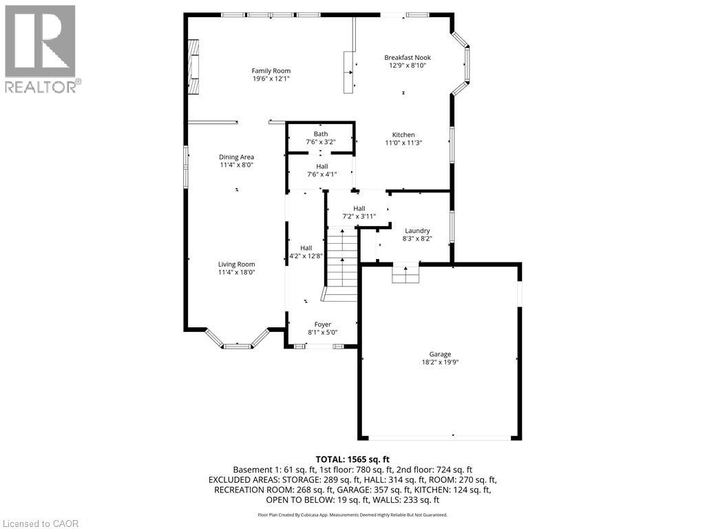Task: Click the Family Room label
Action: tap(271, 71)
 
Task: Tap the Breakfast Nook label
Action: tap(408, 58)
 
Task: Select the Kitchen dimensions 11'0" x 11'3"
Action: tap(403, 143)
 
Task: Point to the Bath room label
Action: tap(321, 134)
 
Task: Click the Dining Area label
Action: tap(237, 157)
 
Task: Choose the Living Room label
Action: tap(237, 264)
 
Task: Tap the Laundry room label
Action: tap(417, 231)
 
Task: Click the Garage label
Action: tap(440, 355)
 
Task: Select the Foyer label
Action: tap(323, 324)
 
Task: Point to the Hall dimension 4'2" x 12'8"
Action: tap(306, 256)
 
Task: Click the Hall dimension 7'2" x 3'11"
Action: tap(359, 216)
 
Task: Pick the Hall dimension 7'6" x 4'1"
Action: tap(322, 174)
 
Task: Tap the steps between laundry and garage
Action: tap(406, 274)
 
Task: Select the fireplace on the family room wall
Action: tap(193, 67)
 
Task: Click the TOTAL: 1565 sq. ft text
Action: tap(352, 459)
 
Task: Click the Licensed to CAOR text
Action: tap(40, 523)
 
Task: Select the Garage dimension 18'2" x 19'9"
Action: tap(440, 362)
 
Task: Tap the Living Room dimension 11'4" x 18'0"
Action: tap(237, 272)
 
